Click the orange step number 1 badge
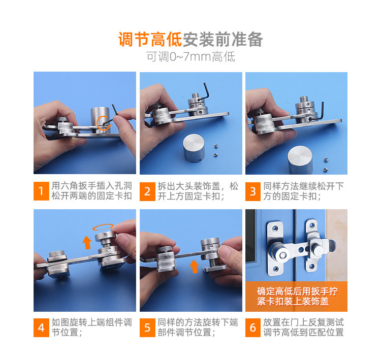(x=41, y=191)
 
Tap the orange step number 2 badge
(x=147, y=191)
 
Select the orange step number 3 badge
(x=253, y=191)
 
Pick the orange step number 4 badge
(x=41, y=328)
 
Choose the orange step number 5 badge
(x=147, y=328)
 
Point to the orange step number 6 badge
(x=253, y=328)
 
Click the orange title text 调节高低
(x=150, y=40)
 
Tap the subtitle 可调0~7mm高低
(x=190, y=56)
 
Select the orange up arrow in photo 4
(x=87, y=242)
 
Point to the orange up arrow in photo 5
(x=194, y=266)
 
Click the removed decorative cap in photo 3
(x=300, y=159)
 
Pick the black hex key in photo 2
(x=204, y=92)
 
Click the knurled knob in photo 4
(x=56, y=254)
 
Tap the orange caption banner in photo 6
(x=297, y=297)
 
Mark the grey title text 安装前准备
(x=223, y=40)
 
